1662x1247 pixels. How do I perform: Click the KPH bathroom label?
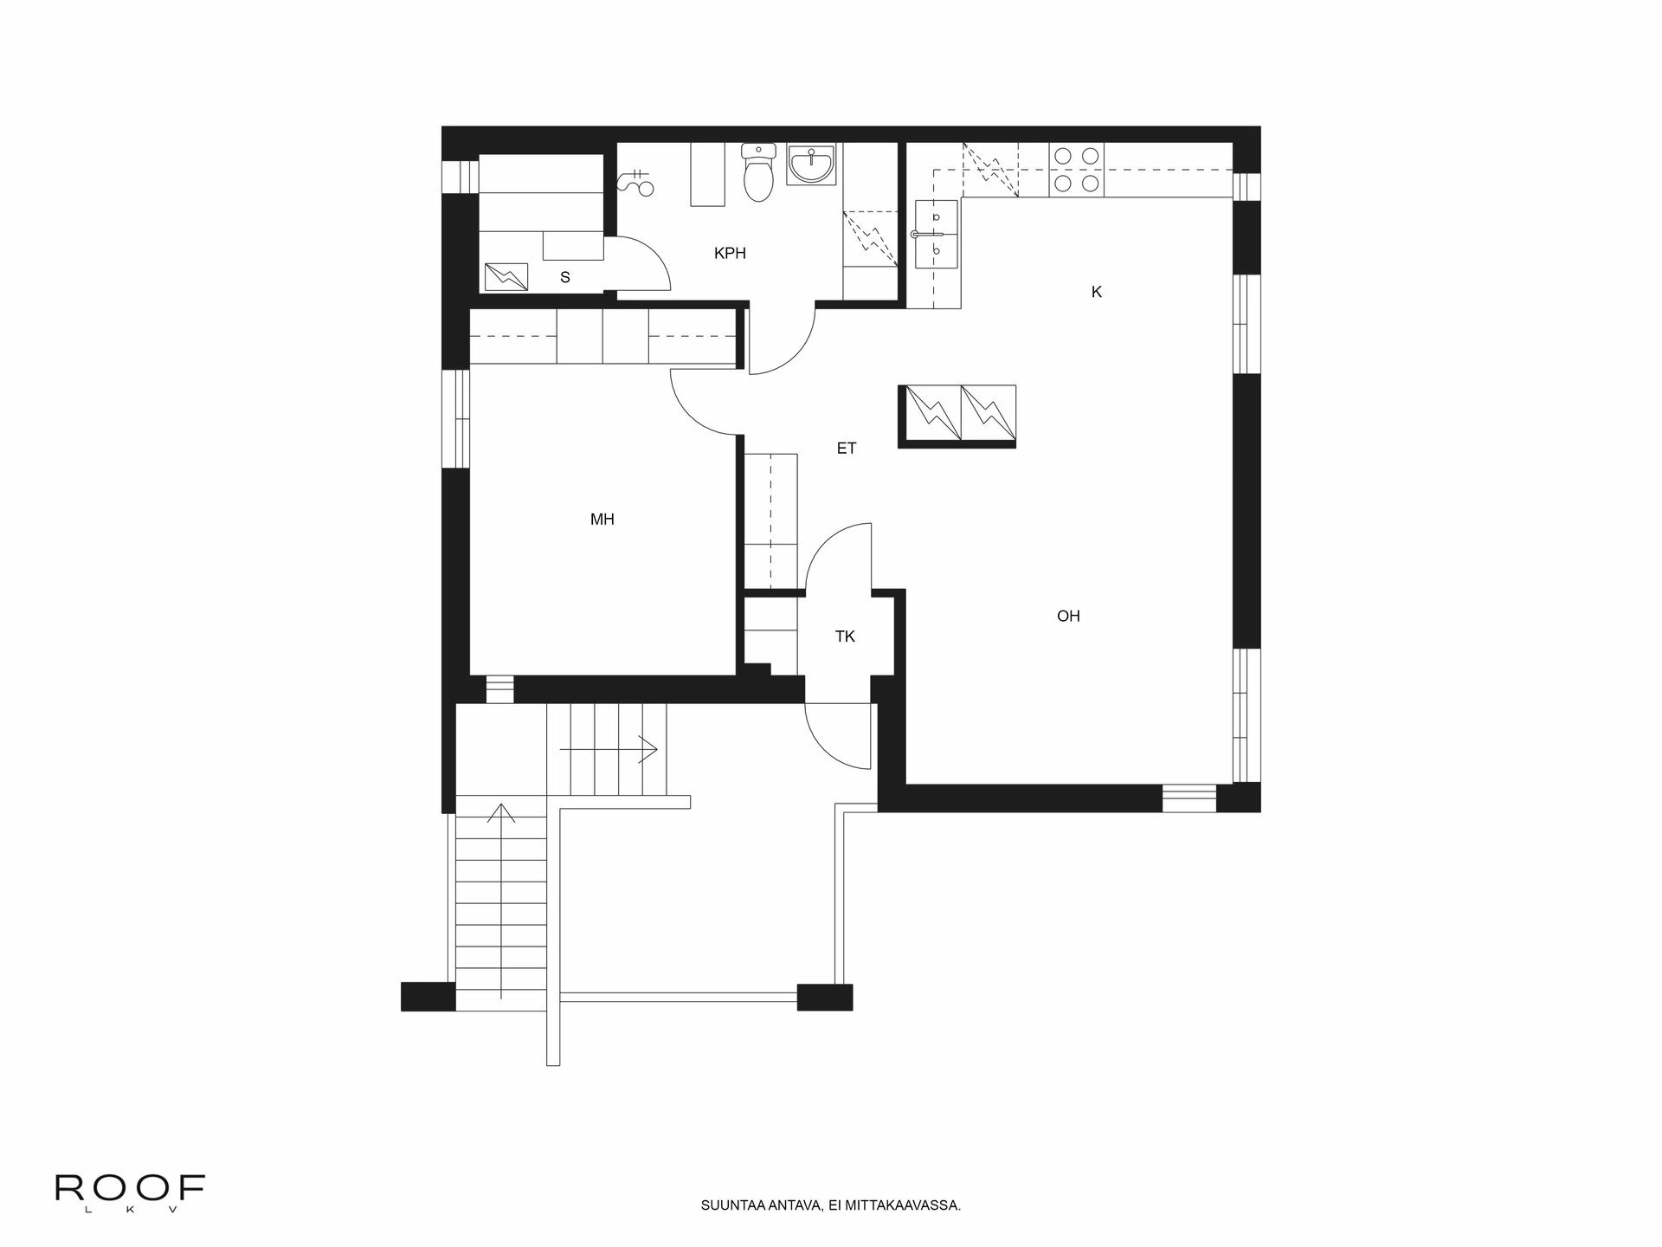pyautogui.click(x=730, y=254)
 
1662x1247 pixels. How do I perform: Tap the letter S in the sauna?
pyautogui.click(x=565, y=278)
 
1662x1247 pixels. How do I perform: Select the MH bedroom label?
pyautogui.click(x=602, y=520)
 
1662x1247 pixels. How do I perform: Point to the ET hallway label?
pyautogui.click(x=847, y=449)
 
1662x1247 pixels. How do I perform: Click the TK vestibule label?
pyautogui.click(x=845, y=637)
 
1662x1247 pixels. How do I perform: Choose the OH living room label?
pyautogui.click(x=1068, y=617)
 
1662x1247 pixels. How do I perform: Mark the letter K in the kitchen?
pyautogui.click(x=1096, y=293)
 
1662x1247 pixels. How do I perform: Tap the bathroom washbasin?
pyautogui.click(x=812, y=165)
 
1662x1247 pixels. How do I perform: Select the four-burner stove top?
pyautogui.click(x=1077, y=170)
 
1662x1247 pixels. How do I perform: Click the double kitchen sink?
pyautogui.click(x=936, y=234)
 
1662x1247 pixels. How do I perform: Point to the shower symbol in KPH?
pyautogui.click(x=639, y=183)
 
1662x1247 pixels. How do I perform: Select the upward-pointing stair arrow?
pyautogui.click(x=501, y=814)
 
